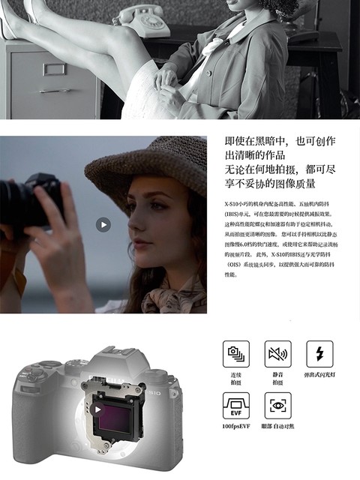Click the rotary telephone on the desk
139,16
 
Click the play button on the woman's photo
103,224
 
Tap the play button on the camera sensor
98,409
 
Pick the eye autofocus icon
277,406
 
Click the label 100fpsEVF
236,427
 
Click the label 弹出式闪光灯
319,375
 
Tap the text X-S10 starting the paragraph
235,204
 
